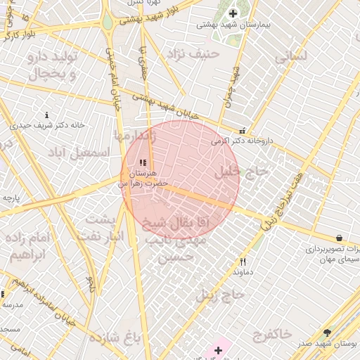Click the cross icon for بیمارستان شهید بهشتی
click(x=233, y=13)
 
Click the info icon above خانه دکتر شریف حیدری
click(x=47, y=115)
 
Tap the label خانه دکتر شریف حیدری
click(x=46, y=125)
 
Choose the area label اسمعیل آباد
click(x=78, y=152)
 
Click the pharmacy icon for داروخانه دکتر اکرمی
click(x=243, y=131)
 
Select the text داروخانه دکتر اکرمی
click(x=240, y=141)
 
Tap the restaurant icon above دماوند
click(x=243, y=262)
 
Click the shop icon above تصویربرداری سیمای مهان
click(x=340, y=238)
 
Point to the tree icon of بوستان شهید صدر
click(x=327, y=333)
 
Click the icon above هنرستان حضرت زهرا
click(x=143, y=163)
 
